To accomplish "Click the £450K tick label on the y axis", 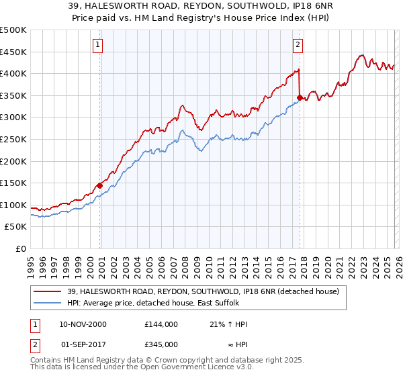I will coord(13,52).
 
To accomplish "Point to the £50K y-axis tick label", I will coord(15,227).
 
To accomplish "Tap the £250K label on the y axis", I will coord(13,139).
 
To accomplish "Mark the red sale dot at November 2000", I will coord(100,185).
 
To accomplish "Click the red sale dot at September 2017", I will coord(300,97).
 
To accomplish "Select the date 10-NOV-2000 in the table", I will coord(83,324).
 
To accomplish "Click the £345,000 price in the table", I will coord(161,344).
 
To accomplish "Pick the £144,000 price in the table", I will coord(161,324).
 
